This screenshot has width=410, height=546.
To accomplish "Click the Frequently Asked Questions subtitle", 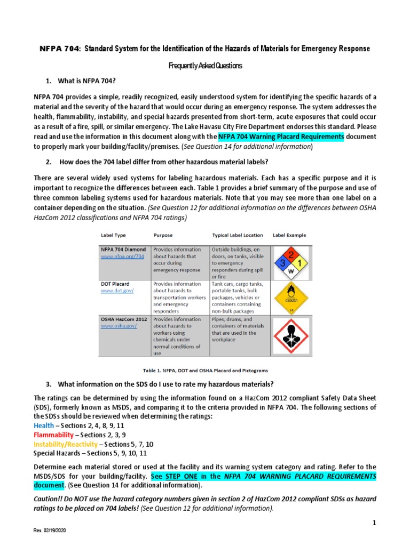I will [x=205, y=66].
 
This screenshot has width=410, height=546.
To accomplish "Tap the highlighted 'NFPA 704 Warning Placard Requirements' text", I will [x=292, y=137].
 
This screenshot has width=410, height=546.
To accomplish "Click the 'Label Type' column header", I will [x=113, y=235].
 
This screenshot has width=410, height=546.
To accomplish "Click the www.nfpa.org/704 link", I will [x=122, y=256].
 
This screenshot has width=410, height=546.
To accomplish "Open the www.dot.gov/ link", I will [x=117, y=291].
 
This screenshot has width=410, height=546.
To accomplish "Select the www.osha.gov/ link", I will [x=119, y=326].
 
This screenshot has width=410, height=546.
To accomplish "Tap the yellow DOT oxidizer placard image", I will [x=291, y=297].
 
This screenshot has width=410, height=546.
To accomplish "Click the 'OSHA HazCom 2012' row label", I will [x=124, y=319].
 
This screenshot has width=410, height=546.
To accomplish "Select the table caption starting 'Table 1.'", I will [x=204, y=370].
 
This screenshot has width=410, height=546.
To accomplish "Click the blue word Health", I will [x=43, y=425].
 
